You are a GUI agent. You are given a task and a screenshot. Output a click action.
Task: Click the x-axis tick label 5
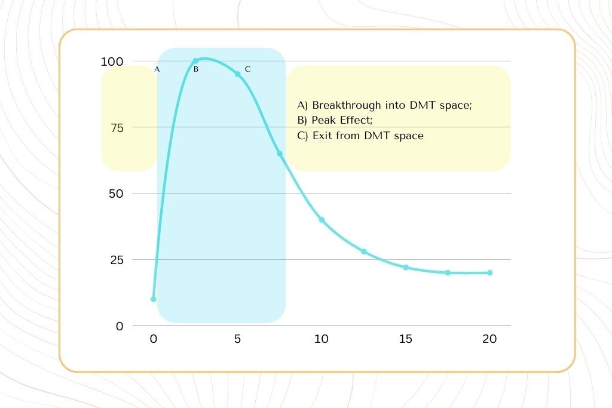[237, 339]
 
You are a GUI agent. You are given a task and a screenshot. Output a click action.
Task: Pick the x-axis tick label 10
[322, 339]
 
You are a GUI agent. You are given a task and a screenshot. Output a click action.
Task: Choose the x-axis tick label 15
[405, 339]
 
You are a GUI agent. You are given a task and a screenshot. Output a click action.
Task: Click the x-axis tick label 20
[489, 339]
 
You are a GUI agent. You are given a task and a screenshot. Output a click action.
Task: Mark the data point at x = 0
[154, 299]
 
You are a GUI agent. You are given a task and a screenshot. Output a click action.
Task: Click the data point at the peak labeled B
[195, 61]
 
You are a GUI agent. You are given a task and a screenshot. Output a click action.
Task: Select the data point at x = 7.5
[280, 154]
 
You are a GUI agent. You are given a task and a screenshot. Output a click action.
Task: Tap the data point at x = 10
[322, 220]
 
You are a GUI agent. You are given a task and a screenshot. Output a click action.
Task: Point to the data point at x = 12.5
[363, 251]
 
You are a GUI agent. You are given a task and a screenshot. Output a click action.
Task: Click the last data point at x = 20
[489, 272]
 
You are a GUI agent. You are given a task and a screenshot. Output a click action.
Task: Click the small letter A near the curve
[157, 69]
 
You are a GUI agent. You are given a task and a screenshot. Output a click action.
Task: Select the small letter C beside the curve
[247, 69]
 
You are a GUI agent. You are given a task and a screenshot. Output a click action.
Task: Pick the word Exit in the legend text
[321, 136]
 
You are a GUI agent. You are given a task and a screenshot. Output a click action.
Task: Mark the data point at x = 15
[405, 267]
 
